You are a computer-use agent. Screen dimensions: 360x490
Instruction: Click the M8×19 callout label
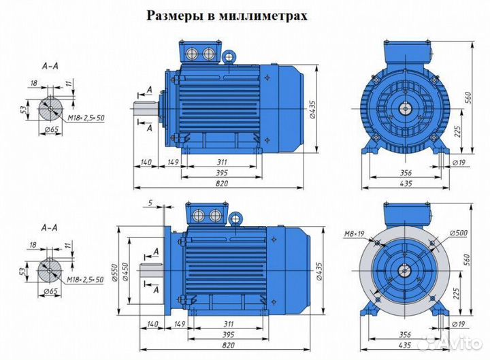click(353, 235)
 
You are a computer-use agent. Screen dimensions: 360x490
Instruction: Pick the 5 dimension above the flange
click(150, 203)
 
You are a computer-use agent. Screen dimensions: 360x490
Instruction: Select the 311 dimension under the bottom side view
click(219, 325)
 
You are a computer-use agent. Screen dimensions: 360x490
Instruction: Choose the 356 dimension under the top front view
click(404, 172)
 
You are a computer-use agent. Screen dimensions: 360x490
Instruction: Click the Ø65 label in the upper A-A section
click(48, 130)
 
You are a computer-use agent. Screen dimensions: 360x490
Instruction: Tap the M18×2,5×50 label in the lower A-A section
click(85, 279)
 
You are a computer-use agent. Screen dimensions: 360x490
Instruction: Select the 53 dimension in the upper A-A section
click(25, 110)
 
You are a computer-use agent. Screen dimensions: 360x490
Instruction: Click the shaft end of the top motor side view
click(146, 107)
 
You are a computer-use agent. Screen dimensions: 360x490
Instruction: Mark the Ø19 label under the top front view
click(459, 163)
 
